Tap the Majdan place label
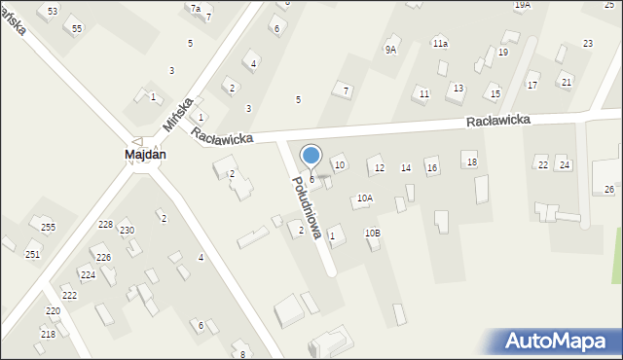tap(145, 155)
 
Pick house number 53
tap(53, 11)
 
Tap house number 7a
tap(196, 8)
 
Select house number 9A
tap(390, 50)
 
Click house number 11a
tap(440, 44)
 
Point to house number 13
tap(458, 89)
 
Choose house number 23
tap(588, 44)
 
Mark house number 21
tap(566, 82)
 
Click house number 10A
tap(364, 198)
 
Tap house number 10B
tap(373, 233)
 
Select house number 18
tap(471, 162)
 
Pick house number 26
tap(609, 189)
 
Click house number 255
tap(48, 227)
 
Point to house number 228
tap(105, 225)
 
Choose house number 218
tap(48, 334)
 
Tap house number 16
tap(432, 168)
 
